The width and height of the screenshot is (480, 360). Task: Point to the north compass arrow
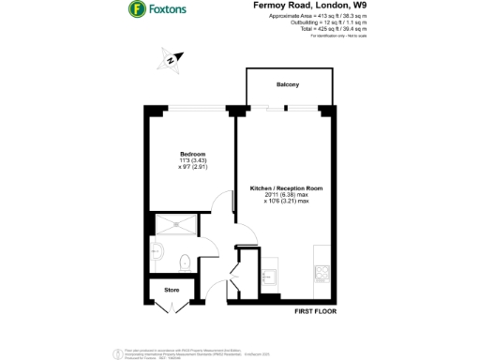click(x=169, y=62)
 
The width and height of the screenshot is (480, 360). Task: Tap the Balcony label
click(x=287, y=85)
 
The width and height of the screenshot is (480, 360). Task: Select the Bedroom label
click(x=193, y=152)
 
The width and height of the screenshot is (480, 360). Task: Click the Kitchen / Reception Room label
click(x=286, y=187)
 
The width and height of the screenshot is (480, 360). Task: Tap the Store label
click(x=172, y=290)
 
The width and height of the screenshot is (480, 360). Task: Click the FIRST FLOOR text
click(x=315, y=310)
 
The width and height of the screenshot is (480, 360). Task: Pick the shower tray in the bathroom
click(x=172, y=222)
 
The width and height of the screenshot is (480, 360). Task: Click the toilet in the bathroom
click(x=185, y=262)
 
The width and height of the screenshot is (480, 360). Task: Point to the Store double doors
click(x=172, y=306)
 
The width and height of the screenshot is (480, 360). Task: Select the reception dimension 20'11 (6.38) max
click(x=286, y=195)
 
